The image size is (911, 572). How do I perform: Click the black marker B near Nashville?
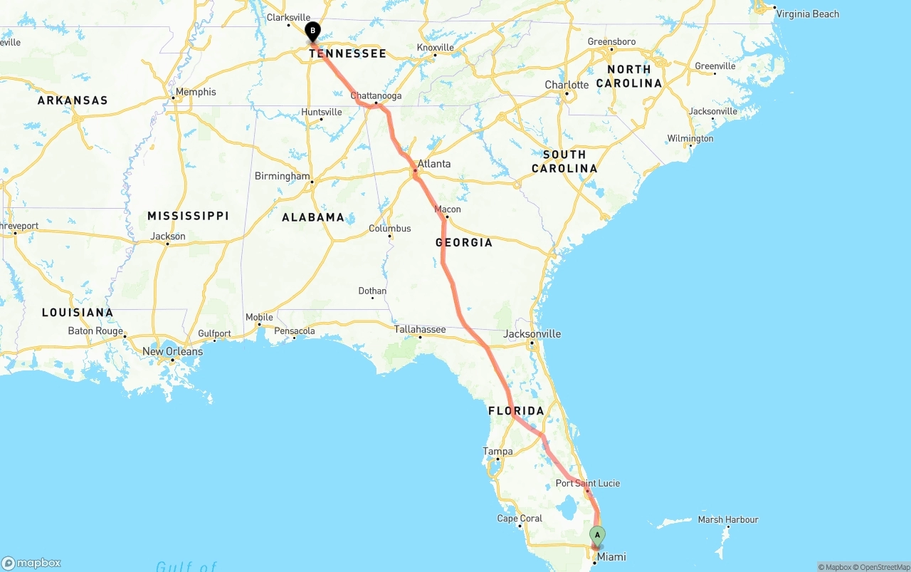pyautogui.click(x=312, y=31)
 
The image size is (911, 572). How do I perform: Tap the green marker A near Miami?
pyautogui.click(x=598, y=534)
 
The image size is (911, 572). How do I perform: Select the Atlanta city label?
pyautogui.click(x=433, y=164)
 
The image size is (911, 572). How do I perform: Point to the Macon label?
pyautogui.click(x=448, y=209)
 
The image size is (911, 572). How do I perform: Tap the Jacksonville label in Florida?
pyautogui.click(x=532, y=334)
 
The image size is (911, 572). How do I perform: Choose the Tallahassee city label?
pyautogui.click(x=420, y=329)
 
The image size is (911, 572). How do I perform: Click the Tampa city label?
pyautogui.click(x=497, y=452)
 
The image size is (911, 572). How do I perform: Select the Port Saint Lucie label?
pyautogui.click(x=588, y=484)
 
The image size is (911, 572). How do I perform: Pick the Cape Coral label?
pyautogui.click(x=520, y=519)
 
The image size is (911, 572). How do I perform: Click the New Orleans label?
pyautogui.click(x=172, y=352)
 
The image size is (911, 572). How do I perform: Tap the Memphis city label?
pyautogui.click(x=196, y=92)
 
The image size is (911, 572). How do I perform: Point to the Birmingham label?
pyautogui.click(x=283, y=177)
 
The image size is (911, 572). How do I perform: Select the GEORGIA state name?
pyautogui.click(x=464, y=243)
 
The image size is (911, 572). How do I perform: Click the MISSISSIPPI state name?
pyautogui.click(x=188, y=216)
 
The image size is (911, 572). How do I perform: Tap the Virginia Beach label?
pyautogui.click(x=807, y=14)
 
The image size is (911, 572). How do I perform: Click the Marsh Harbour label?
pyautogui.click(x=728, y=520)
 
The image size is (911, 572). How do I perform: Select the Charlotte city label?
pyautogui.click(x=567, y=85)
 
